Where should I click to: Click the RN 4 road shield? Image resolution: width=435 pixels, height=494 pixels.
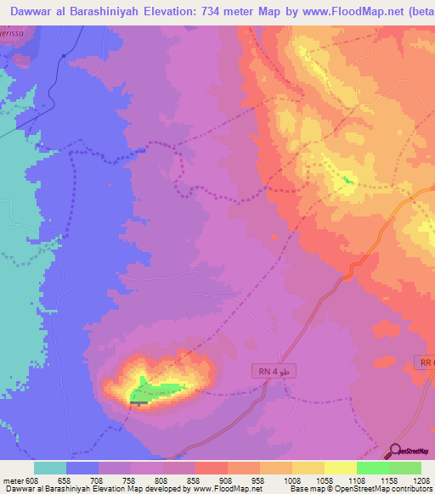click(276, 372)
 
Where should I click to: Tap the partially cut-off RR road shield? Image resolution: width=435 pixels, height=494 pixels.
click(427, 362)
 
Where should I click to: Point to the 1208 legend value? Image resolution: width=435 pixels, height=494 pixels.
click(421, 480)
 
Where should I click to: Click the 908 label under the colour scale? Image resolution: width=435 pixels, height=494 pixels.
click(226, 480)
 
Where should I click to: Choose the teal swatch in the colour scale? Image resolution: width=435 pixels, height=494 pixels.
click(50, 468)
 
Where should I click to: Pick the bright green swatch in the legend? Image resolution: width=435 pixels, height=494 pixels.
click(372, 468)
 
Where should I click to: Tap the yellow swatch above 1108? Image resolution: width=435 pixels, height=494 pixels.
click(340, 468)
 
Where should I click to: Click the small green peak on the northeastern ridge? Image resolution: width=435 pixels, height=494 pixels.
click(347, 179)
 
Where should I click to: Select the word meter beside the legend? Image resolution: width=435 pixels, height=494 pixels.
click(12, 480)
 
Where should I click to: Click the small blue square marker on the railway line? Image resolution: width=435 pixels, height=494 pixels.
click(65, 55)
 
